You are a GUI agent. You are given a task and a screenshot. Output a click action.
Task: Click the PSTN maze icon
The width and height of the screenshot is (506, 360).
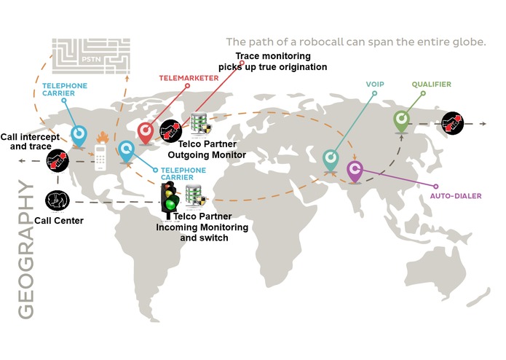[x=91, y=56]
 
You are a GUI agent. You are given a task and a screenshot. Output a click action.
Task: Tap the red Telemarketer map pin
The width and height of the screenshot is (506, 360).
[x=146, y=133]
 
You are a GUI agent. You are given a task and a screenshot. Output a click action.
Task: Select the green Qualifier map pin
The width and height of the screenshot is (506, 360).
[x=401, y=122]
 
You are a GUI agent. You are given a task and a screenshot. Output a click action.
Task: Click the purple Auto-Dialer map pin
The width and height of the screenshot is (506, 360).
[x=355, y=172]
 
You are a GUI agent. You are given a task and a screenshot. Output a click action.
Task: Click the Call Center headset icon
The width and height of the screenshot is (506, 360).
[x=58, y=200]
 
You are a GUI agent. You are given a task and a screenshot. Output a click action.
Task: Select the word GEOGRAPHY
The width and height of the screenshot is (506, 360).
[x=25, y=249]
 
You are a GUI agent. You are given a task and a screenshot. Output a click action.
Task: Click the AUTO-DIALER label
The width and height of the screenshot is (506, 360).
[x=456, y=196]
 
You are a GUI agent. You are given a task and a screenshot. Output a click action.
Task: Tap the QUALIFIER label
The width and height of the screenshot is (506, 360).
[x=432, y=85]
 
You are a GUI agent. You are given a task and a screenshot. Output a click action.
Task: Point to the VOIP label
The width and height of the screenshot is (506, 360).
[x=375, y=85]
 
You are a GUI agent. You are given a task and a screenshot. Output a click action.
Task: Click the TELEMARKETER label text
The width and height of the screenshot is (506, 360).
[x=189, y=78]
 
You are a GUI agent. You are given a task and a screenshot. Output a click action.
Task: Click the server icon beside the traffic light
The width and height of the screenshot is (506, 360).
[x=196, y=197]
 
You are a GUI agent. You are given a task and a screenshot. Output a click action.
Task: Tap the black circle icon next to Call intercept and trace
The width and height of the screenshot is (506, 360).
[x=58, y=160]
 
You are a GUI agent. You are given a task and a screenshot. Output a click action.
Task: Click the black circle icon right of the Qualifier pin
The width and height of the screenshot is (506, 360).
[x=452, y=123]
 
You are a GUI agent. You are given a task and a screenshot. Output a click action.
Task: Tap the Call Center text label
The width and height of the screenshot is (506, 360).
[x=59, y=221]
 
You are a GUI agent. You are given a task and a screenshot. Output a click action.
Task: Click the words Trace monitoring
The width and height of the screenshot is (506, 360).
[x=273, y=56]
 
